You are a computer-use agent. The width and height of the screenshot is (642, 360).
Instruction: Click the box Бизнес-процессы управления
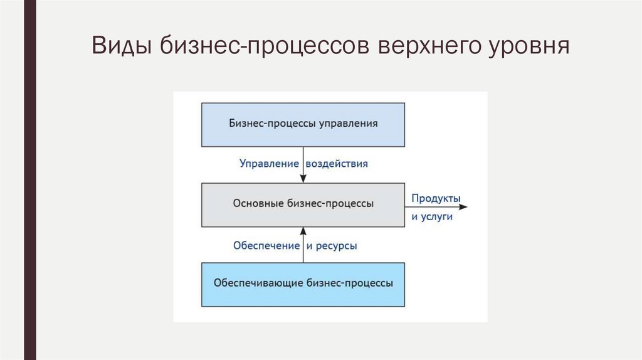303,124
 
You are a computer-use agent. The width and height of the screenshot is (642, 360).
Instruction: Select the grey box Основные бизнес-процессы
303,204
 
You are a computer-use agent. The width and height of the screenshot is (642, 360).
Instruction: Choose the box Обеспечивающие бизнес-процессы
303,284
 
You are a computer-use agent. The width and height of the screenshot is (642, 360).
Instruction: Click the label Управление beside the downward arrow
268,164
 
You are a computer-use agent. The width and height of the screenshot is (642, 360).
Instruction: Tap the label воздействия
337,164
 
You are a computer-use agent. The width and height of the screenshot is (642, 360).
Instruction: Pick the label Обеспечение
266,246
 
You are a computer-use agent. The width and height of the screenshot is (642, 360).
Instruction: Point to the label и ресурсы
332,246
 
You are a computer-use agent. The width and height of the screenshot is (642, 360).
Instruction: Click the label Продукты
436,199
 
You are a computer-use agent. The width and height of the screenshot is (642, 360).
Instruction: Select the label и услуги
431,217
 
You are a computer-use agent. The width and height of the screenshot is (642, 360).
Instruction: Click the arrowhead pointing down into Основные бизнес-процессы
303,179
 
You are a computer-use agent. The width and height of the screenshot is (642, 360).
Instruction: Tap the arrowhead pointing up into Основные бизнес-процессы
303,230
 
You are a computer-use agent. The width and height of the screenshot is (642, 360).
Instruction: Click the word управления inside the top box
349,124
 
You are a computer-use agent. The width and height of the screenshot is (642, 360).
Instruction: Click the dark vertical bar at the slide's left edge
29,180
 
